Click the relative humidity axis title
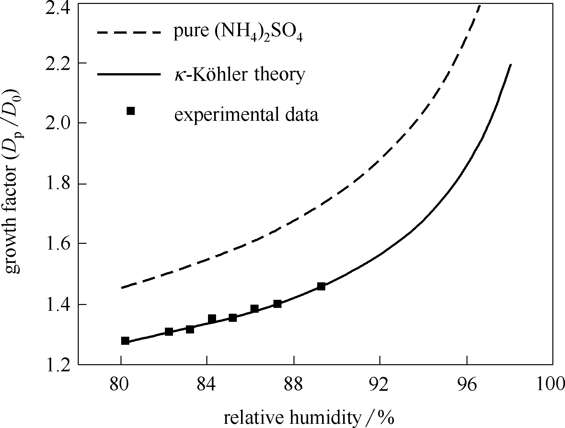[x=309, y=418]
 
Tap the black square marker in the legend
[x=131, y=111]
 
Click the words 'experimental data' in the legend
[x=246, y=115]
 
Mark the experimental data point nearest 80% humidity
[x=125, y=341]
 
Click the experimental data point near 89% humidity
[x=321, y=286]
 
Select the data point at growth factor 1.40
[x=277, y=304]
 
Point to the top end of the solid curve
[x=511, y=65]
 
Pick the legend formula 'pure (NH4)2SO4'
[x=238, y=33]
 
